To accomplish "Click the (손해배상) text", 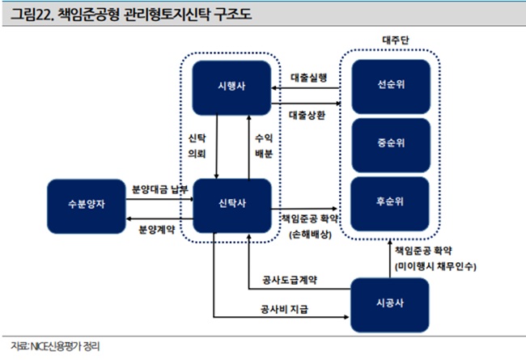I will click(x=310, y=235).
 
